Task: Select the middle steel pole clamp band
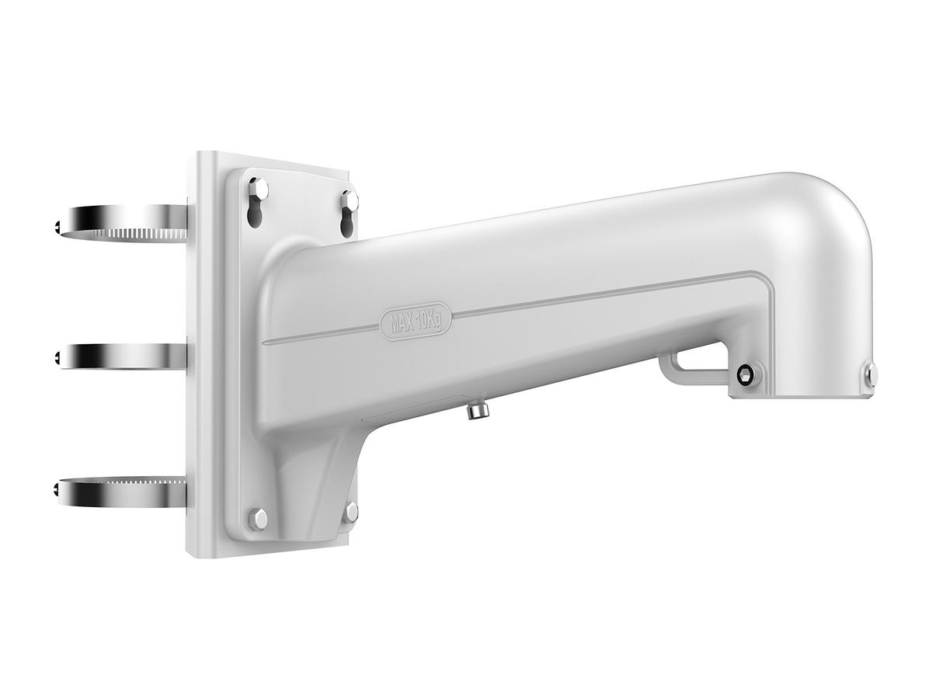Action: [x=123, y=355]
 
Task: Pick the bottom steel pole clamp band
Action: [x=123, y=493]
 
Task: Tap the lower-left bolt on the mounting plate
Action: [x=258, y=520]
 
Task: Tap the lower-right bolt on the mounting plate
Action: [x=351, y=513]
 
